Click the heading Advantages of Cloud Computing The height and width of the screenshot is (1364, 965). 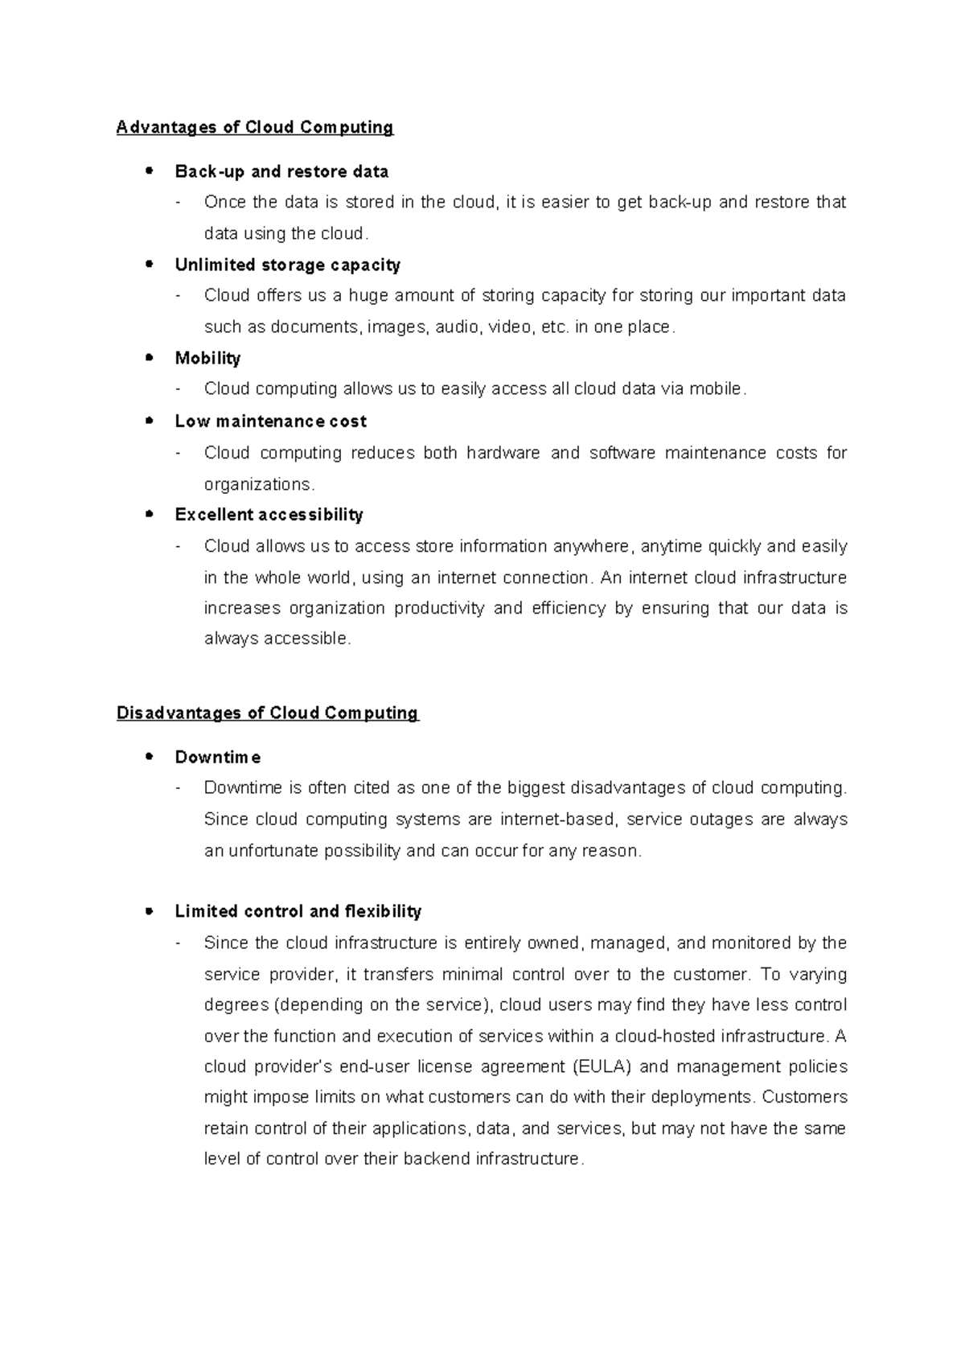tap(255, 127)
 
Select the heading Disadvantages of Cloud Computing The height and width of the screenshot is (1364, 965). tap(268, 713)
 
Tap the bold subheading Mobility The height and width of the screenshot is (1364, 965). tap(207, 358)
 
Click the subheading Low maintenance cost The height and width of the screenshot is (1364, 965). tap(270, 421)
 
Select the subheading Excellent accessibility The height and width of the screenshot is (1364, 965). tap(269, 515)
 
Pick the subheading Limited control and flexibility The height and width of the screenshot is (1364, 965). tap(298, 911)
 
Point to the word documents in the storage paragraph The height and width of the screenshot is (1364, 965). tap(315, 327)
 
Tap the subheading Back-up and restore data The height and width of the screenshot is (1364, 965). tap(281, 171)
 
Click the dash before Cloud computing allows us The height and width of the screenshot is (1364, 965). tap(178, 389)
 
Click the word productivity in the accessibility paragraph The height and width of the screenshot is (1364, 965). tap(439, 608)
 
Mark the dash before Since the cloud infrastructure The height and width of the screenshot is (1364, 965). tap(178, 943)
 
